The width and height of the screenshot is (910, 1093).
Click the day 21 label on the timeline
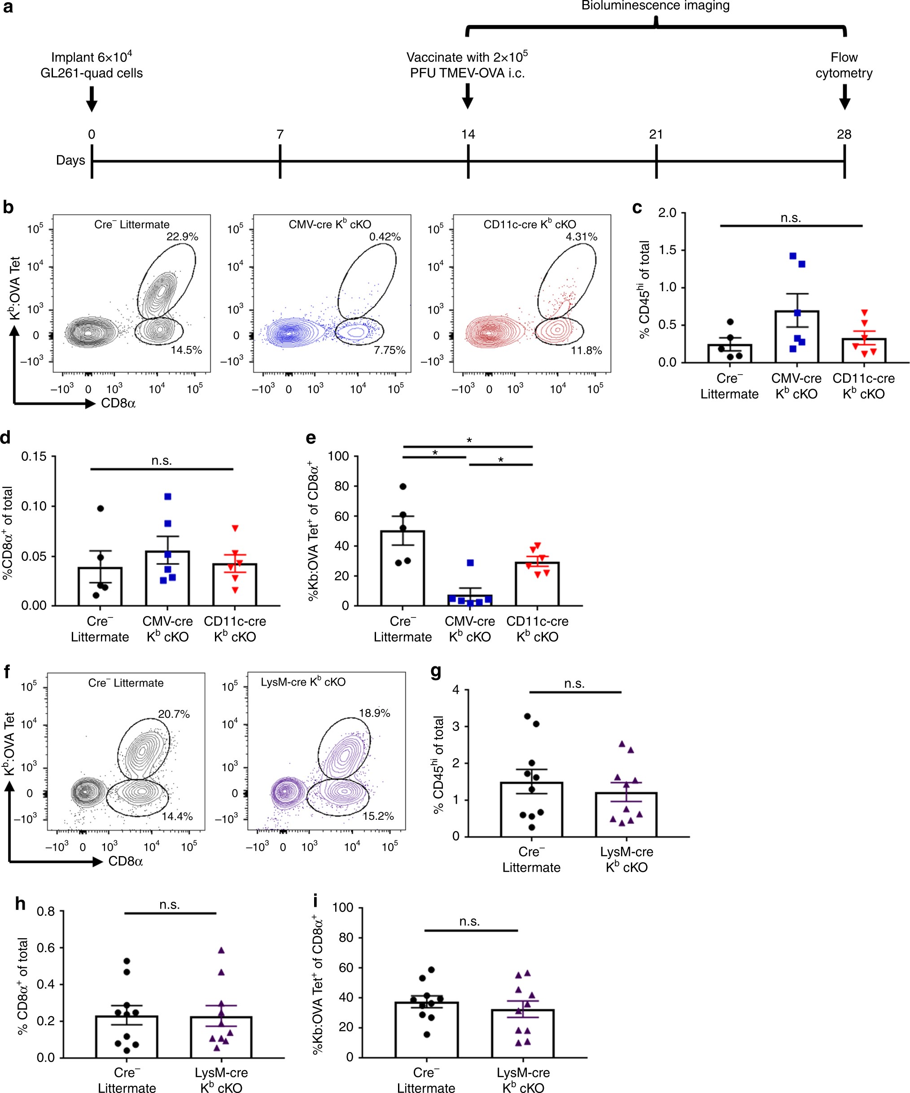[656, 134]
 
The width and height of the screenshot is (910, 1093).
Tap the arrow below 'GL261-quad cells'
[92, 99]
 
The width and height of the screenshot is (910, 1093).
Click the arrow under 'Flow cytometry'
[844, 97]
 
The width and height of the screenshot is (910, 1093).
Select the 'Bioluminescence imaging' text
[656, 6]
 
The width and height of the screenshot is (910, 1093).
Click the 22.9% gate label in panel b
[182, 237]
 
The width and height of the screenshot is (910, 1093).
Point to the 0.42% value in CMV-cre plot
[385, 237]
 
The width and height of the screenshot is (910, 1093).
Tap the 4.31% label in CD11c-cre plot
[582, 237]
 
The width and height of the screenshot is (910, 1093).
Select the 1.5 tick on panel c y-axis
[667, 250]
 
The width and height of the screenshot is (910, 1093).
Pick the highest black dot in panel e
[403, 487]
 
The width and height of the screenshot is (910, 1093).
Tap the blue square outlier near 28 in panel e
[470, 563]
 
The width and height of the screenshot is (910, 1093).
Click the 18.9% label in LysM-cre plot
[374, 713]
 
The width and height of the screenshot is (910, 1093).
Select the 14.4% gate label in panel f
[177, 816]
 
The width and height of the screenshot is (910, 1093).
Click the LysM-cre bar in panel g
[626, 814]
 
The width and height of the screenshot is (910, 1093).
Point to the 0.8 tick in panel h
[46, 911]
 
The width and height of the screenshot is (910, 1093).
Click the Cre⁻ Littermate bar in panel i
[426, 1030]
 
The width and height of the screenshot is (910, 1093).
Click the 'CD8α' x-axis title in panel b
[118, 403]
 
